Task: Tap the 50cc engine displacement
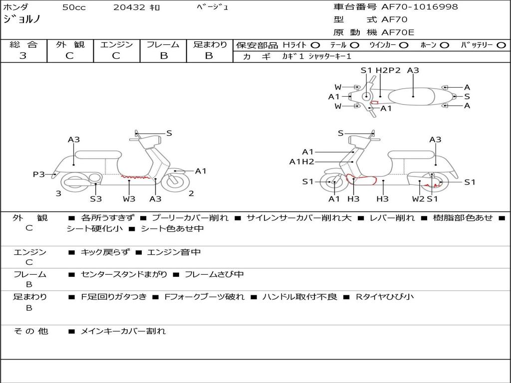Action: pyautogui.click(x=73, y=7)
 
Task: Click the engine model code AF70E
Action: pyautogui.click(x=397, y=32)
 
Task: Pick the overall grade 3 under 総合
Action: pyautogui.click(x=23, y=55)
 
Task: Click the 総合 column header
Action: pyautogui.click(x=23, y=44)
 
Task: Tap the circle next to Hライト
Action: pyautogui.click(x=315, y=45)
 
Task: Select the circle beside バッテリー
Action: pyautogui.click(x=501, y=45)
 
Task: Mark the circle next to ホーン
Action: pyautogui.click(x=444, y=45)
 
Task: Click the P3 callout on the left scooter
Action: pyautogui.click(x=38, y=174)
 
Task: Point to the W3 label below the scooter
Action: pyautogui.click(x=129, y=199)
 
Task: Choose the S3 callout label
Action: pyautogui.click(x=95, y=199)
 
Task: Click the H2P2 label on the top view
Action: pyautogui.click(x=388, y=70)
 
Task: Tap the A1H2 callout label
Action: pyautogui.click(x=301, y=161)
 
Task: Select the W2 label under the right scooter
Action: pyautogui.click(x=418, y=199)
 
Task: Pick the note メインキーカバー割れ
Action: pyautogui.click(x=123, y=331)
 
